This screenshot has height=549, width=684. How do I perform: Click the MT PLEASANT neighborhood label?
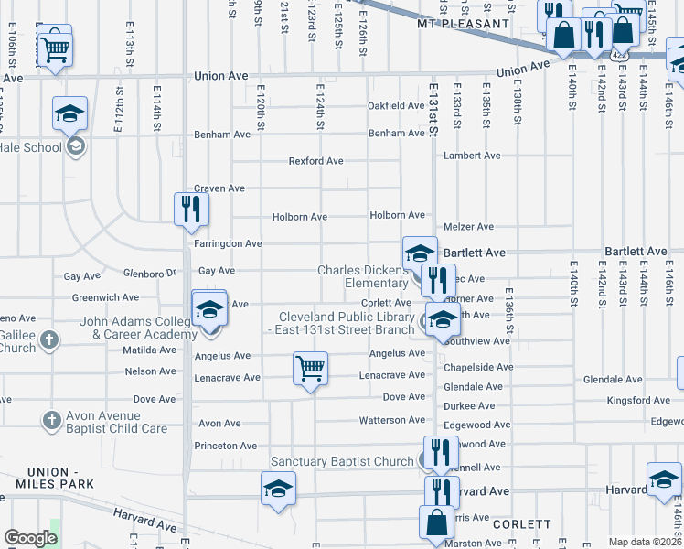462,24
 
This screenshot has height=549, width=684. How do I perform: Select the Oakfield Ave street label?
396,106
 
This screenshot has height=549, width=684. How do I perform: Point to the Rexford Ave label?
315,161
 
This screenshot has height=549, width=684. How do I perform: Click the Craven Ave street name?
219,188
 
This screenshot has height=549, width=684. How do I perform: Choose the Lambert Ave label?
472,156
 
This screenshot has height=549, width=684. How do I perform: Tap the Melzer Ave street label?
468,227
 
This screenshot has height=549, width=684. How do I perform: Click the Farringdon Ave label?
228,244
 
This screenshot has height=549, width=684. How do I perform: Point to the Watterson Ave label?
393,421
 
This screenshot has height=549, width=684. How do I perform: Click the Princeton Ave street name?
225,447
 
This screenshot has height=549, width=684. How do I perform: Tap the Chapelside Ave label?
478,367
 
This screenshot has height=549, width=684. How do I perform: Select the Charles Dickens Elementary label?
363,276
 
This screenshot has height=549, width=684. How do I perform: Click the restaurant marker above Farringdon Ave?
192,208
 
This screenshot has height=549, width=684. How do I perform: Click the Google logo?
30,538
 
